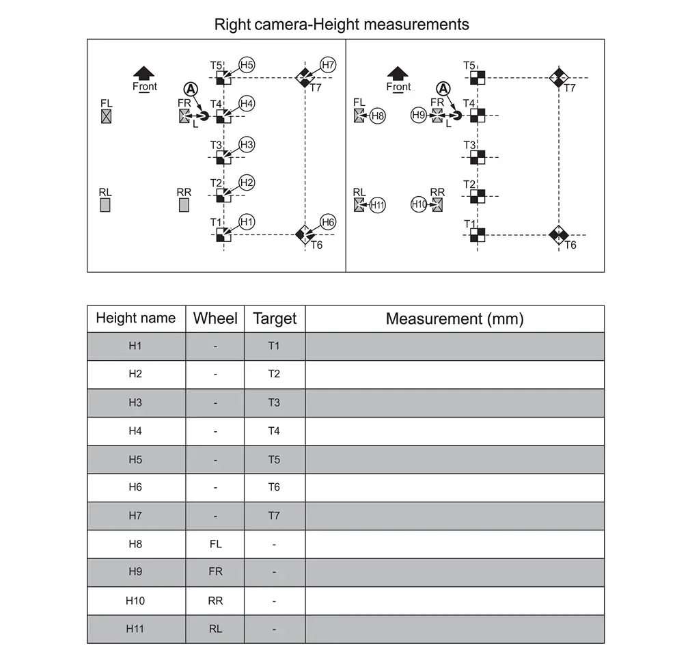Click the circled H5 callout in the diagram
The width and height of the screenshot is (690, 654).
click(x=247, y=65)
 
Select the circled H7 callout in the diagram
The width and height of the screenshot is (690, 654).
click(x=328, y=65)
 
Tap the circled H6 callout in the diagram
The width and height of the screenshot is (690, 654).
click(x=328, y=222)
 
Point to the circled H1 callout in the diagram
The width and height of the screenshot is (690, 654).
click(x=247, y=222)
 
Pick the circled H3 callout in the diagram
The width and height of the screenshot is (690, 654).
click(x=247, y=144)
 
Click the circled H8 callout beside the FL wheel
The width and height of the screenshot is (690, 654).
click(x=378, y=115)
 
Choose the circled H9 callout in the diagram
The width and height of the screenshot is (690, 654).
click(x=419, y=115)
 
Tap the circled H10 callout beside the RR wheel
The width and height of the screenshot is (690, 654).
click(x=419, y=204)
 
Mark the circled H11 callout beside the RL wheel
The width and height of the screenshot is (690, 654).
click(x=378, y=204)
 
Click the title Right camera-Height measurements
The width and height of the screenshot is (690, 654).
click(x=342, y=25)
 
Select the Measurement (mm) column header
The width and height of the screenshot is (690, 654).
click(x=454, y=318)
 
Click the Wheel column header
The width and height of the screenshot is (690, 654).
click(x=215, y=318)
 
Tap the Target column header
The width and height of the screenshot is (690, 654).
click(x=275, y=318)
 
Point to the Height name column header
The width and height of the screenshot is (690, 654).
click(x=135, y=318)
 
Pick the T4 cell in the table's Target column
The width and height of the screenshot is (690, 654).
click(x=274, y=431)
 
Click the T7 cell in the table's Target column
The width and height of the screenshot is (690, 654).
click(x=274, y=516)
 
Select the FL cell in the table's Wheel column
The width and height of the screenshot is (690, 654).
click(x=215, y=545)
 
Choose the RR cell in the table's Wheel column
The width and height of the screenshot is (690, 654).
click(x=215, y=601)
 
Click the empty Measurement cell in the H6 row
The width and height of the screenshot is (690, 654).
click(x=454, y=488)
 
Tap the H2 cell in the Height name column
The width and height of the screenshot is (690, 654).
click(x=135, y=374)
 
